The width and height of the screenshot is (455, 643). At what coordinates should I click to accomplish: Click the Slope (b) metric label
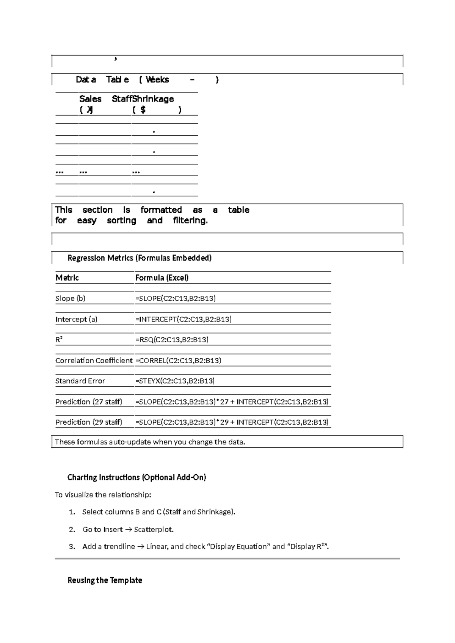[71, 298]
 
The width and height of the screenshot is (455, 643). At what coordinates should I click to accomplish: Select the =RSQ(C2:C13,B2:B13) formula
[172, 340]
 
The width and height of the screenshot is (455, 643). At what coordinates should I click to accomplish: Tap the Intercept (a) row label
[76, 319]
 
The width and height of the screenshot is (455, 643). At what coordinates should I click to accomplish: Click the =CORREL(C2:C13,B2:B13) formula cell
[178, 361]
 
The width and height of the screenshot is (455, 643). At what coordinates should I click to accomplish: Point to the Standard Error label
[80, 381]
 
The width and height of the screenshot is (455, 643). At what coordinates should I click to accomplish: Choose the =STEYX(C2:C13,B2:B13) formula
[175, 381]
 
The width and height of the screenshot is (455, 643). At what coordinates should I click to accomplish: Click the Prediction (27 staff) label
[89, 402]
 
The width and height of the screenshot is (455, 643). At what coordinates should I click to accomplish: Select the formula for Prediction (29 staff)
[232, 422]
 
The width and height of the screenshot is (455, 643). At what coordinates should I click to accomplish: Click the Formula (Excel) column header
[162, 278]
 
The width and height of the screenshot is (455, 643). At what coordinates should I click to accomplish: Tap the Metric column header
[67, 278]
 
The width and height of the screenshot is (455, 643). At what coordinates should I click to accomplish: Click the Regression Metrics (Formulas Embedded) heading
[139, 258]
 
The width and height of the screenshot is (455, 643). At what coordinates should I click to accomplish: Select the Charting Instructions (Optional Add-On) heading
[136, 478]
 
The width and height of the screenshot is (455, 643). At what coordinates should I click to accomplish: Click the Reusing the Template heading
[105, 580]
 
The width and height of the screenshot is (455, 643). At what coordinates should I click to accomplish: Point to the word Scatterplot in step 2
[154, 530]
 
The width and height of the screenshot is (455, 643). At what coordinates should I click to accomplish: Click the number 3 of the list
[72, 547]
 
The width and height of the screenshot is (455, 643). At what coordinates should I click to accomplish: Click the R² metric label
[59, 340]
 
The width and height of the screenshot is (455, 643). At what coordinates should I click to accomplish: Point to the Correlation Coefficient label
[94, 361]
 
